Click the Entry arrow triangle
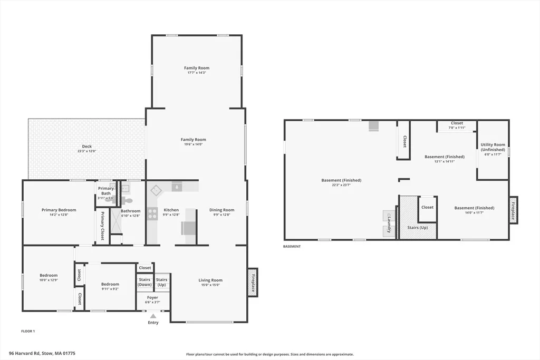tap(153, 316)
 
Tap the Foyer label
tap(152, 297)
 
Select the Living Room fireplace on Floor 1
tap(253, 283)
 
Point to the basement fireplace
tap(513, 210)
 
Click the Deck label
tap(87, 147)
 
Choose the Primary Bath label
tap(105, 191)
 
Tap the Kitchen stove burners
tap(152, 213)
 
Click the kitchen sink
tap(177, 187)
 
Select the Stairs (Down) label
tap(144, 282)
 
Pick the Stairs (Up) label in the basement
tap(418, 228)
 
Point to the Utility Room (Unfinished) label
tap(493, 147)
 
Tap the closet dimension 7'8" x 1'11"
tap(457, 128)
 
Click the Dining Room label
tap(222, 210)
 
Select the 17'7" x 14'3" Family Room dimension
tap(197, 73)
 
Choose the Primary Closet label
tap(102, 226)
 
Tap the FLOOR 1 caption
tap(28, 331)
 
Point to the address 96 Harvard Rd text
tap(24, 353)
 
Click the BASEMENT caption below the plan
tap(292, 247)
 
